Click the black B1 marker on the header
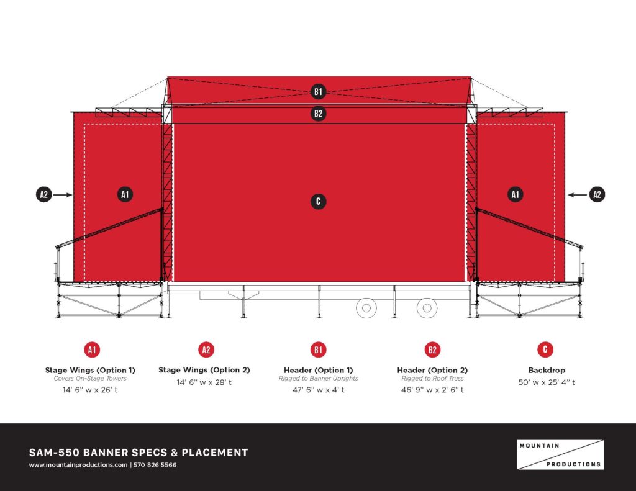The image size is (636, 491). pos(318,92)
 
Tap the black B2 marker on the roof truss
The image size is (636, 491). pos(318,114)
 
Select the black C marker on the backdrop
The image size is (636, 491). pos(318,202)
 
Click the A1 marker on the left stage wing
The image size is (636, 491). pos(125,194)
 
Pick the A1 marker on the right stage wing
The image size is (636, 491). pos(515,194)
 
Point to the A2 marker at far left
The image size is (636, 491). pos(44,195)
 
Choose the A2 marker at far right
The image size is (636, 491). pos(597,195)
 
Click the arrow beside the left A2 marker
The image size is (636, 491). pos(63,195)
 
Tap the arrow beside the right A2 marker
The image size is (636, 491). pos(577,195)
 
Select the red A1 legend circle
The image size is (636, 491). pos(92,350)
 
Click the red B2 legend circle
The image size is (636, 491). pos(432,350)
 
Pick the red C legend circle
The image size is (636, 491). pos(545,349)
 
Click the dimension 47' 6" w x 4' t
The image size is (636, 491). pos(319,390)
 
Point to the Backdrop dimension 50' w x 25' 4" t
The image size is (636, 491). pos(547,382)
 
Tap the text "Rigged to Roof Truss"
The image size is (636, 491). pos(432,378)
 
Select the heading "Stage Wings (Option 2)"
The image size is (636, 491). pos(204,370)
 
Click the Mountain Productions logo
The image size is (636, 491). pos(560,455)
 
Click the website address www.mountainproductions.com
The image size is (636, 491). pos(78,465)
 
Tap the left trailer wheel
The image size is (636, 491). pos(366,308)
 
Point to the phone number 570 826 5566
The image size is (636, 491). pos(155,465)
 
